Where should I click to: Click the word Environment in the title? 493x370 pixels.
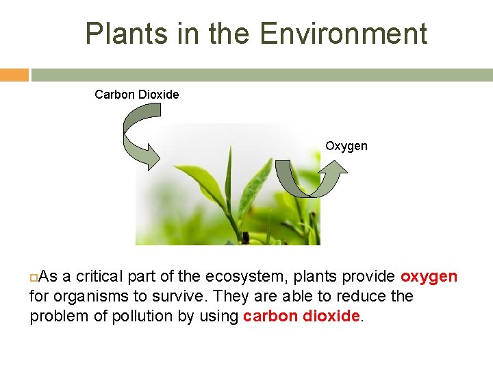pos(344,34)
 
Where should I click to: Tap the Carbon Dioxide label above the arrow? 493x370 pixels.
pos(136,94)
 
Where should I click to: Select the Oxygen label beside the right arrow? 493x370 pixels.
pos(346,146)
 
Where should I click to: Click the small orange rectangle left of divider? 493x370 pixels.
pos(14,75)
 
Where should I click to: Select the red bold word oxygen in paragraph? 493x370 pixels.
pos(429,276)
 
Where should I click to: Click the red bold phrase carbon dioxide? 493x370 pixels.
pos(301,316)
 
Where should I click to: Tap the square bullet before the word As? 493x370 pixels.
pos(34,277)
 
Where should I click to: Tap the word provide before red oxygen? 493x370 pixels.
pos(370,276)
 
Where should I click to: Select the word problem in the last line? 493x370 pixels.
pos(58,316)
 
